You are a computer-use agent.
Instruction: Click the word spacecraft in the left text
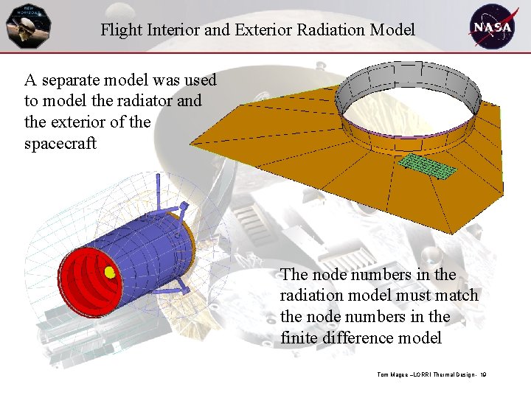[x=60, y=143]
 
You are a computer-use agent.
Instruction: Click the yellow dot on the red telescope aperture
[x=110, y=273]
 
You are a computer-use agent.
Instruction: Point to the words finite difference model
[x=361, y=338]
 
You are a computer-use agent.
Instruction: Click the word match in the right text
[x=458, y=296]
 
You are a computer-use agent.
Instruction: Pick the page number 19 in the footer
[x=482, y=375]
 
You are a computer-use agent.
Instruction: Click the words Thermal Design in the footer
[x=451, y=375]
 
